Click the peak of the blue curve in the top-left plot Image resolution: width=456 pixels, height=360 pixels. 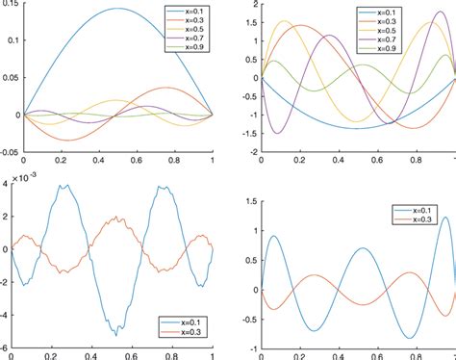tap(117, 9)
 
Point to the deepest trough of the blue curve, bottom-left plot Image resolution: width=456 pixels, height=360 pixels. tap(116, 334)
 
